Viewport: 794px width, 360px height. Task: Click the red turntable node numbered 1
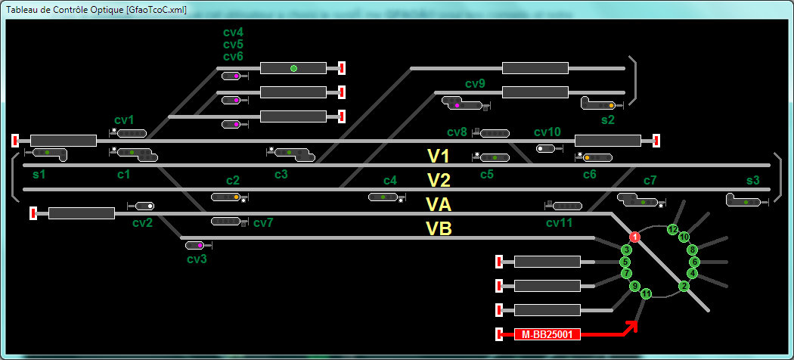click(x=635, y=237)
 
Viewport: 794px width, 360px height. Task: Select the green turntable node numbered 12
click(x=672, y=229)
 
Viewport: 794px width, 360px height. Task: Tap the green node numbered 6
click(x=695, y=262)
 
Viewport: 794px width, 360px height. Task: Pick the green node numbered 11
click(x=646, y=293)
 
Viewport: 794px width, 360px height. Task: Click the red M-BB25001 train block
click(x=547, y=334)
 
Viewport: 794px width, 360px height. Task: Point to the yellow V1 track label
click(x=439, y=156)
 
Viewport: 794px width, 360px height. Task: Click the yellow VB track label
click(x=439, y=229)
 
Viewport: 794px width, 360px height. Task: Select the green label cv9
click(x=476, y=84)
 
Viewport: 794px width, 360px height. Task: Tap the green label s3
click(x=753, y=180)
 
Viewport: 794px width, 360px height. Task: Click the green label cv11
click(x=560, y=223)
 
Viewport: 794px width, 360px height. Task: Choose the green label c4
click(x=390, y=180)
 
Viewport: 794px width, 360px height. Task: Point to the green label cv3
click(x=197, y=259)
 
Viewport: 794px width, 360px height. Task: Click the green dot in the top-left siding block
click(x=293, y=68)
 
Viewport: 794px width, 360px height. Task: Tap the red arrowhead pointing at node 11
click(x=631, y=327)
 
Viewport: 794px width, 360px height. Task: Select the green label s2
click(x=608, y=120)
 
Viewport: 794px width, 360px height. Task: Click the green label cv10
click(x=547, y=132)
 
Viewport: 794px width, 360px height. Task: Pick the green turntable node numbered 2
click(x=684, y=287)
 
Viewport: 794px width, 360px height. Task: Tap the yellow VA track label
click(x=439, y=204)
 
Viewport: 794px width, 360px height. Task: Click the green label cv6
click(x=234, y=56)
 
